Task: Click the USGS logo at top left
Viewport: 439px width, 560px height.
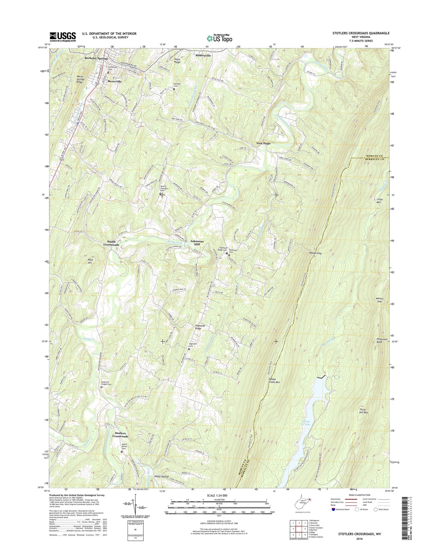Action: click(x=63, y=37)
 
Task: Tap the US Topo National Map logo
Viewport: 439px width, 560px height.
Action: click(x=219, y=38)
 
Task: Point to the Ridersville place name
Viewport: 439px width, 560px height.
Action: click(x=203, y=56)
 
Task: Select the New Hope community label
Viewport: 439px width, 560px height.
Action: click(x=263, y=143)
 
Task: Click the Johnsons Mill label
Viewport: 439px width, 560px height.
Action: click(x=197, y=243)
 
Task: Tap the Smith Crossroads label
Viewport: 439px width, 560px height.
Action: click(x=111, y=243)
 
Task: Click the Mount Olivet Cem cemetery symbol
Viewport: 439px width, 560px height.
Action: click(x=122, y=452)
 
